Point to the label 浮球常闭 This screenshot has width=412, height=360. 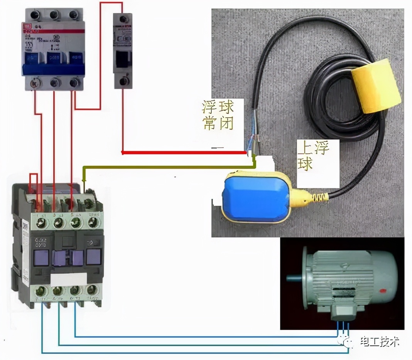pos(218,115)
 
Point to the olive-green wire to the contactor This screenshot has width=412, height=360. pos(170,167)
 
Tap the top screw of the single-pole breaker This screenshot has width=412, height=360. pos(122,19)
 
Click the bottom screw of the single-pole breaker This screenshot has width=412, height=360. pos(122,81)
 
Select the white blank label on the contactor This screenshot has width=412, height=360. pos(69,278)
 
